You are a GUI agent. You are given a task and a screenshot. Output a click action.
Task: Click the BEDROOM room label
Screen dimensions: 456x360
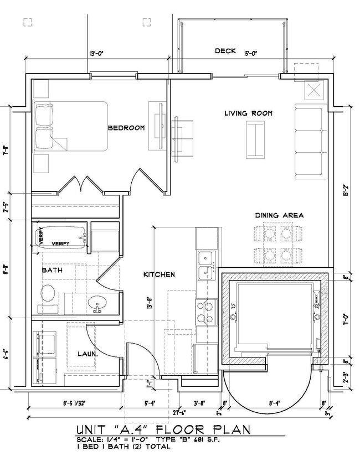(126, 128)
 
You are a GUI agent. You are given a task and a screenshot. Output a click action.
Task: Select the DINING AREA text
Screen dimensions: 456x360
(279, 215)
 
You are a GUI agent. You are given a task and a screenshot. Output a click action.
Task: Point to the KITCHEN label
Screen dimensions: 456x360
(160, 274)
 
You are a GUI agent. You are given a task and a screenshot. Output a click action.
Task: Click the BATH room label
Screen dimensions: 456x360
(52, 271)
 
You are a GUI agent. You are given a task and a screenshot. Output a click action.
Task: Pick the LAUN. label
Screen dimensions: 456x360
(87, 353)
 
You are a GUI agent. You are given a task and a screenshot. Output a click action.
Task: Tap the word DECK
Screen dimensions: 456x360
(225, 51)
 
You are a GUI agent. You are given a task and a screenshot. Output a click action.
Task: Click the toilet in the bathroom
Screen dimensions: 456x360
(48, 295)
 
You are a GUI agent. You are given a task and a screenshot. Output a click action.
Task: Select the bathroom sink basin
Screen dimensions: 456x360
(100, 303)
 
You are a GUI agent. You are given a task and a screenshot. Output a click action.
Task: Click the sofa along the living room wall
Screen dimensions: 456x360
(309, 142)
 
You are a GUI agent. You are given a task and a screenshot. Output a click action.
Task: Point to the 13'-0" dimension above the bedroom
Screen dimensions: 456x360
(97, 54)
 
